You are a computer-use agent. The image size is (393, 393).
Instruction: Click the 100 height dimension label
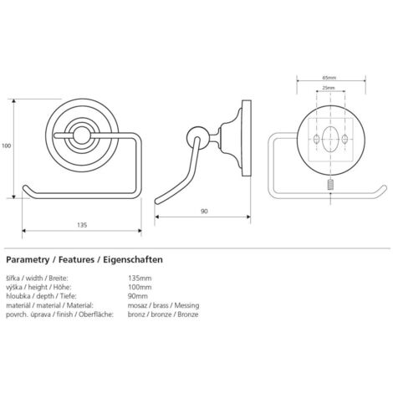coord(6,145)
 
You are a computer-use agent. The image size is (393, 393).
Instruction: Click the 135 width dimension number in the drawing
coord(82,225)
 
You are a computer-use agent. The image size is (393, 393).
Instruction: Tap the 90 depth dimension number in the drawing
coord(204,212)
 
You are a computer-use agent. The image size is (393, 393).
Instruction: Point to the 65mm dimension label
coord(329,78)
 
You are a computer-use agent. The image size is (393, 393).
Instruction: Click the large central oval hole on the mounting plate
coord(330,139)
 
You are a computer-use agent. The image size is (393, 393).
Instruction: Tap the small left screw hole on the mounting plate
coord(317,139)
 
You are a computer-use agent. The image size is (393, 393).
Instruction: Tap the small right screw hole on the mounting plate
coord(345,139)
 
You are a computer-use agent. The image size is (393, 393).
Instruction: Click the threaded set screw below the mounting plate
coord(330,185)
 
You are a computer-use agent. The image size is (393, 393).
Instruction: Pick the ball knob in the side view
coord(196,136)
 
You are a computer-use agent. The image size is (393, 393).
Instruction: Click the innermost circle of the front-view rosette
coord(81,135)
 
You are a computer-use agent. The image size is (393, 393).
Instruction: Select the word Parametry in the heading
coord(28,260)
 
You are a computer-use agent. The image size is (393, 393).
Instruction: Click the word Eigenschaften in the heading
coord(133,260)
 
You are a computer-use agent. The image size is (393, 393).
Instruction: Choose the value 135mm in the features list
coord(140,278)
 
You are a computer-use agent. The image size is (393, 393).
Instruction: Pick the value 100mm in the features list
coord(140,287)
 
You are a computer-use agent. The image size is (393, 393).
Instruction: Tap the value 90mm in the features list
coord(138,296)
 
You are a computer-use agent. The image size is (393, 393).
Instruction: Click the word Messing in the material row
coord(186,305)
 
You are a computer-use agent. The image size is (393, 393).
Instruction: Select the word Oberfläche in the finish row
coord(95,314)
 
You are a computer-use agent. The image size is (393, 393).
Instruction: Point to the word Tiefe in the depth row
coord(67,296)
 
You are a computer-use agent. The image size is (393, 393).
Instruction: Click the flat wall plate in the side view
coord(246,138)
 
